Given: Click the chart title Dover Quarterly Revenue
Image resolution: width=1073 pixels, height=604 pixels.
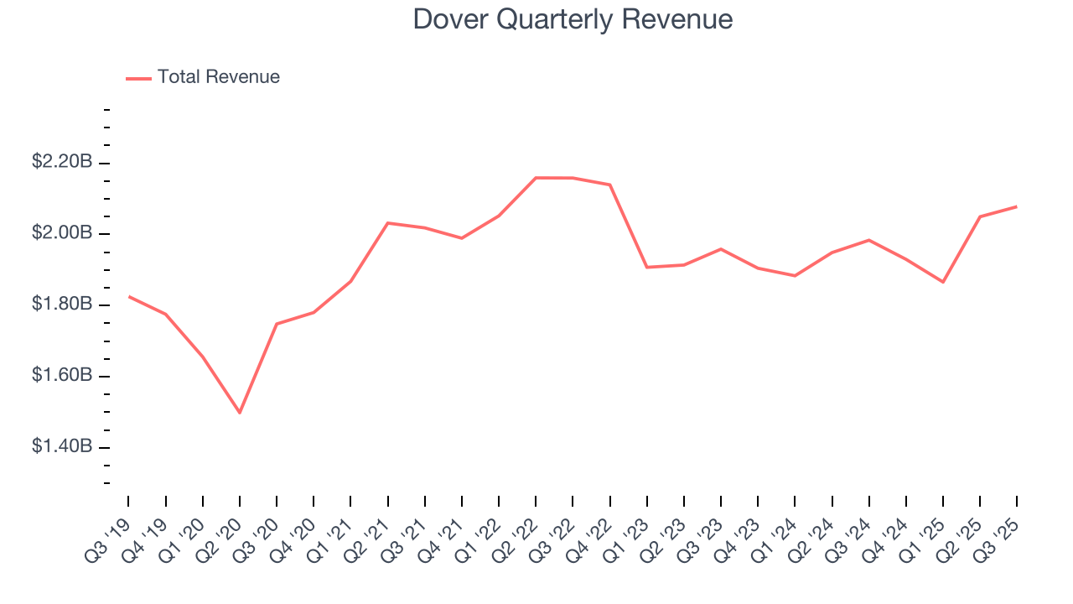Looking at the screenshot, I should [x=573, y=19].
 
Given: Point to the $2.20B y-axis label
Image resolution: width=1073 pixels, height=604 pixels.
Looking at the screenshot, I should [x=62, y=162].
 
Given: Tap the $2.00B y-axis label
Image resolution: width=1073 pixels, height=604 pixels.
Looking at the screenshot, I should [x=62, y=233].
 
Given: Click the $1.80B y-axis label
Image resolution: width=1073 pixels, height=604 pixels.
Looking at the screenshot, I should [x=62, y=305].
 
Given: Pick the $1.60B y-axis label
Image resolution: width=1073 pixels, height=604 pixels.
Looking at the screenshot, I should [x=62, y=376].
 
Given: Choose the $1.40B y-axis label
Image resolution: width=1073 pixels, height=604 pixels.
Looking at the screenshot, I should [x=62, y=447].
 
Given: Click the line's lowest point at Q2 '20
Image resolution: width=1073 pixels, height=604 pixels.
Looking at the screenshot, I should [x=240, y=413].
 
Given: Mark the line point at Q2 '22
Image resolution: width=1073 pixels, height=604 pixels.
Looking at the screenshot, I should [x=536, y=178].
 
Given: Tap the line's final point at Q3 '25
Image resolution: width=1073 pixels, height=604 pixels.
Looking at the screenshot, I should [x=1017, y=206].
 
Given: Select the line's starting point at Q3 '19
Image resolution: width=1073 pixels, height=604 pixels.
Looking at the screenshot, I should [x=129, y=296].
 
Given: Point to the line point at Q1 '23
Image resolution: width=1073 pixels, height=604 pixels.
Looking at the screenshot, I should [x=647, y=267].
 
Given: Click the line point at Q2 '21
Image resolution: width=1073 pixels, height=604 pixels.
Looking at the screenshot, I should [x=388, y=222].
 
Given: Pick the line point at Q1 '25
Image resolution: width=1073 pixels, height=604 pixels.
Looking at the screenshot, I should [x=943, y=282].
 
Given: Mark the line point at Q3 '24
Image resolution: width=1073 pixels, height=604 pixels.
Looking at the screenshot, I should [x=868, y=240].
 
